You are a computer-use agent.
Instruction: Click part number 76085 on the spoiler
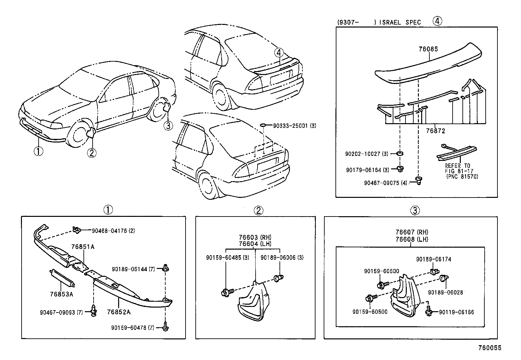pos(428,49)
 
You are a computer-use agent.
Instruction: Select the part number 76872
pos(435,131)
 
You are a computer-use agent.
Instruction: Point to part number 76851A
pos(83,247)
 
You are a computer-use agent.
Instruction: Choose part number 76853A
pos(62,294)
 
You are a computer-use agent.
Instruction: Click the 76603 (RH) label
pos(255,237)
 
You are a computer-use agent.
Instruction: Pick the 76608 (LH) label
pos(411,239)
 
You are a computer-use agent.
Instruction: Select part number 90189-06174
pos(433,259)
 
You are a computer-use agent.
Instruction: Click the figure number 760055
pos(489,348)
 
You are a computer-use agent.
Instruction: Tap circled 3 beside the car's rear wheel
pos(168,125)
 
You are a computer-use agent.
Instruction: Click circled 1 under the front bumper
pos(38,151)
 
